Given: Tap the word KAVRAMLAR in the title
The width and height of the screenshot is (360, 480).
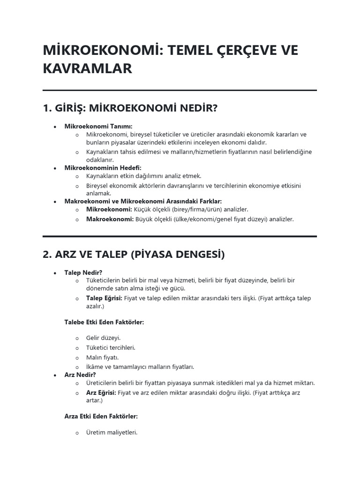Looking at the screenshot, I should (88, 69).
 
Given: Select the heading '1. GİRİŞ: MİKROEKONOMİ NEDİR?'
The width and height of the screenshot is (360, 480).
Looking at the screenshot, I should (130, 109).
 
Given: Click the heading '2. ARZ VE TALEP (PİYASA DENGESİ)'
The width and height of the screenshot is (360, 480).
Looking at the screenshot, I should (134, 255).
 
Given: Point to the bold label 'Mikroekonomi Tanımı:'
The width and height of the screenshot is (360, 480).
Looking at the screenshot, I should (98, 126).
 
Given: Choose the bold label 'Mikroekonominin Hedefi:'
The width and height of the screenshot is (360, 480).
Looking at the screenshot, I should (103, 168).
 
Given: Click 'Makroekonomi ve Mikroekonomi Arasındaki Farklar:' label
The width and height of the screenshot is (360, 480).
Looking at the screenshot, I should (143, 201).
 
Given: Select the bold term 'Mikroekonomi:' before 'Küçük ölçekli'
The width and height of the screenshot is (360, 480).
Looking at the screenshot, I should (109, 210).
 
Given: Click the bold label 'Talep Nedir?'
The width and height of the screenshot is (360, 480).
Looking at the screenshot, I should (83, 272).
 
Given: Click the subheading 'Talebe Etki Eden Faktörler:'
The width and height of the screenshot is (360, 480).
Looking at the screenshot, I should (104, 322).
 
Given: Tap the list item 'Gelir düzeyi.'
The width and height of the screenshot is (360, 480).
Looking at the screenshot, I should (104, 338).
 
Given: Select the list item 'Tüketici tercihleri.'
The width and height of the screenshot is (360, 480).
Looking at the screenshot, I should (111, 347).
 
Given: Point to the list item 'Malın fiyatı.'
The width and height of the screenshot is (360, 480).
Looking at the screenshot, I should (103, 357).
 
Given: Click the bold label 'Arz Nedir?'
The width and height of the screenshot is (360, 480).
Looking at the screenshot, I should (80, 375).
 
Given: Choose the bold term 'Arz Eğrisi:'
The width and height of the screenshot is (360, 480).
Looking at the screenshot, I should (101, 393).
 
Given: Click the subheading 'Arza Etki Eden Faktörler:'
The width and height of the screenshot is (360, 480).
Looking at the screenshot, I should (101, 416).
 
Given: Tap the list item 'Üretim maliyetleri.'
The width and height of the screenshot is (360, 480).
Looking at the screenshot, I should (112, 433).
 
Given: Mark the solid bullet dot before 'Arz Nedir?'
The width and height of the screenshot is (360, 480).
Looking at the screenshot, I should (55, 375).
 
